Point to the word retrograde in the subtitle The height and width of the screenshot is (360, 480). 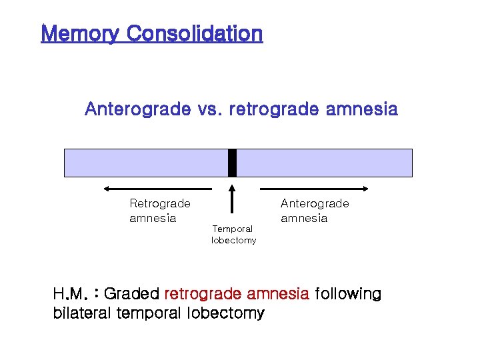pos(274,109)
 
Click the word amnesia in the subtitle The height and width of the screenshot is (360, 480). pos(362,109)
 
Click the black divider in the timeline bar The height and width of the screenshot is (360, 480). pos(232,163)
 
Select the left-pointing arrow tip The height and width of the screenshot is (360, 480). pos(107,189)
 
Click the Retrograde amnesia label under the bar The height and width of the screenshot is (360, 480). pos(159,211)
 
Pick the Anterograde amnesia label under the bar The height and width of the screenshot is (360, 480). pos(314,211)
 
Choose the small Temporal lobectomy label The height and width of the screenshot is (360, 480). pos(233,235)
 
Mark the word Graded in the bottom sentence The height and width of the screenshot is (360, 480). pos(132,294)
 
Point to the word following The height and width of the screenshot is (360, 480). pos(347,294)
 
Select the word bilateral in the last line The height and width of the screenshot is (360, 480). pos(82,313)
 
